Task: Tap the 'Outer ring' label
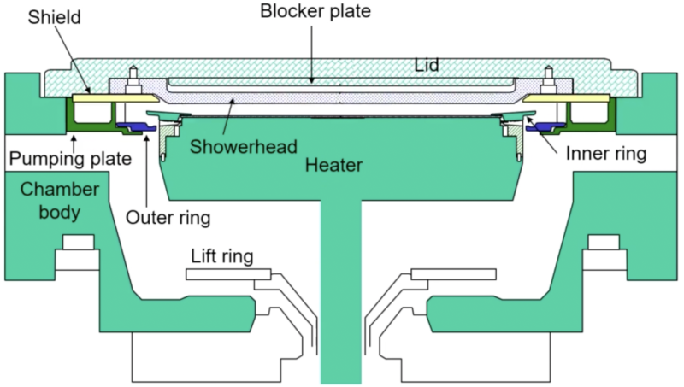(168, 217)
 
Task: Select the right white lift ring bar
(454, 274)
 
